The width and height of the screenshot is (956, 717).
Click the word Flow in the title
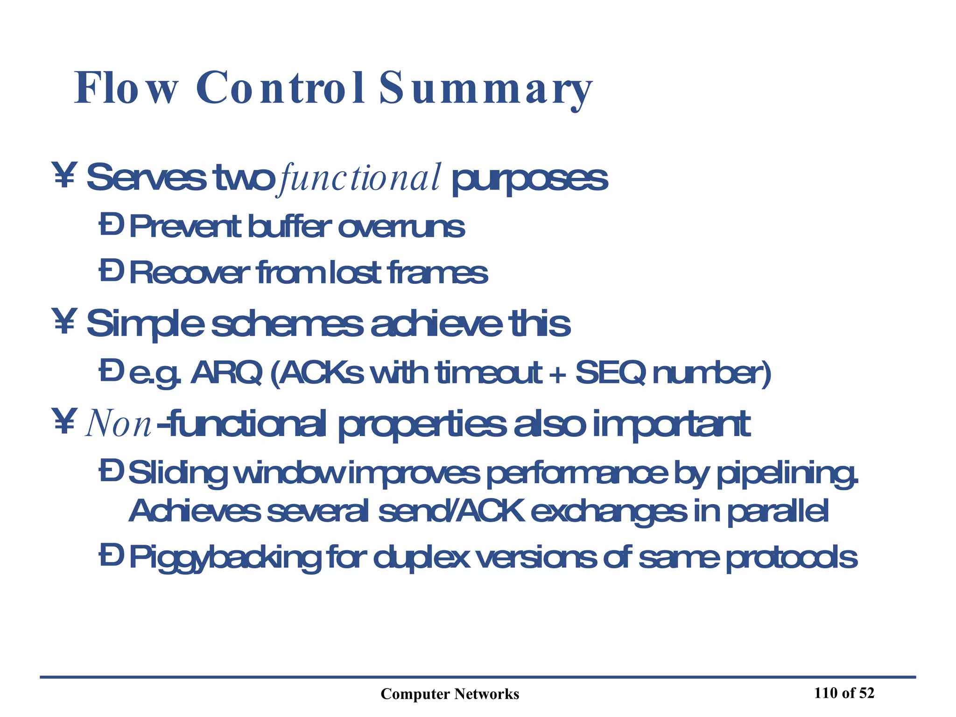(126, 89)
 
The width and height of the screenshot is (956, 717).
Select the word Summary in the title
(485, 89)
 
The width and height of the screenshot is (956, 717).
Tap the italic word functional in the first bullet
(358, 178)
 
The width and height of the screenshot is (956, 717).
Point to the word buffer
(289, 227)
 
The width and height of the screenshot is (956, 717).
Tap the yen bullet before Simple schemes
(64, 322)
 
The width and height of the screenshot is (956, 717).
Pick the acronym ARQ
(227, 373)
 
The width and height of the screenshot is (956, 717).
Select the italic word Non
(118, 424)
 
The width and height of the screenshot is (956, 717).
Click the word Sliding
(177, 473)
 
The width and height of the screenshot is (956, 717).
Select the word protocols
(792, 558)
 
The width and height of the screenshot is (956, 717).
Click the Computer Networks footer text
(450, 694)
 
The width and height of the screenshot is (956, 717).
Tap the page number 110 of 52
(844, 693)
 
